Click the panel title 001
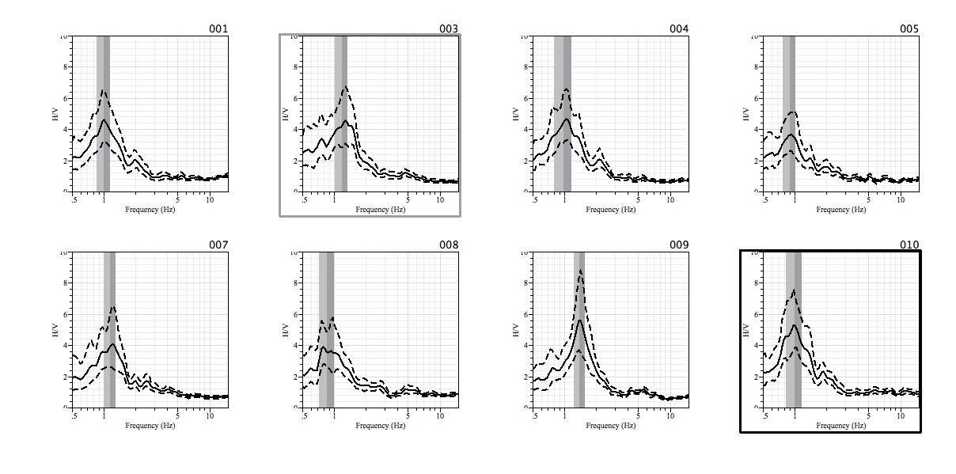(218, 29)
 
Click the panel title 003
(449, 29)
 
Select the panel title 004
(679, 29)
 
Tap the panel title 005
(909, 29)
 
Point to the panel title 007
(218, 245)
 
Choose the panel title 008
(449, 245)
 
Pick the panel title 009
(679, 245)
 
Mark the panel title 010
(909, 245)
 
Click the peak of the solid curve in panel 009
(580, 320)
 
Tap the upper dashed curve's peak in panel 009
(580, 271)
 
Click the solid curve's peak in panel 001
(104, 119)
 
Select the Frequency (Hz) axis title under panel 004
(611, 210)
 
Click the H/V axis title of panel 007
(55, 329)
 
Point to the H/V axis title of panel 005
(745, 113)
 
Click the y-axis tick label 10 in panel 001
(63, 36)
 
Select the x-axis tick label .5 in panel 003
(304, 200)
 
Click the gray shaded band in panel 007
(109, 329)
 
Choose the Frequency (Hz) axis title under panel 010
(841, 426)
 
